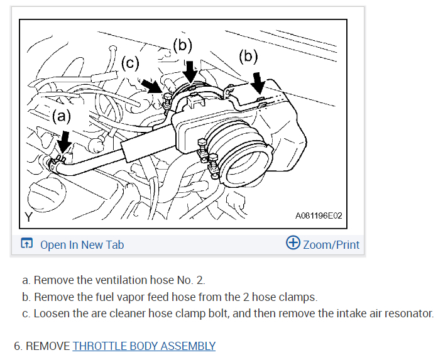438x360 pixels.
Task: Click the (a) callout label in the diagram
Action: [x=62, y=116]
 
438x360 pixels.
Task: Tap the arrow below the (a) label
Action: [x=62, y=143]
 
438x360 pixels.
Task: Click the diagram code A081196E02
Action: [x=319, y=215]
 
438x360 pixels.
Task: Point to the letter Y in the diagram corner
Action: [x=28, y=217]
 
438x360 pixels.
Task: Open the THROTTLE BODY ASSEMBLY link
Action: [x=144, y=346]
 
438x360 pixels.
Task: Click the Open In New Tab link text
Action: [x=82, y=244]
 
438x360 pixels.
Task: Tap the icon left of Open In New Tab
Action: [x=27, y=244]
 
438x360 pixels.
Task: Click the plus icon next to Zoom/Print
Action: [x=293, y=243]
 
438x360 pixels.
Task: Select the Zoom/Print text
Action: [x=331, y=244]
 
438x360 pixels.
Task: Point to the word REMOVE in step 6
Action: [x=48, y=346]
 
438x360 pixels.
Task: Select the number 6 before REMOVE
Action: [x=17, y=346]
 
